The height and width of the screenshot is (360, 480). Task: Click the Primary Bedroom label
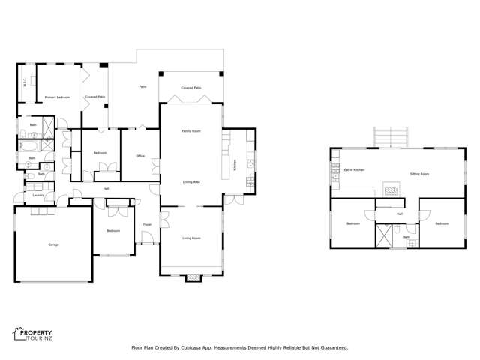coord(57,97)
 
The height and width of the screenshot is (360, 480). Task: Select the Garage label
coord(53,244)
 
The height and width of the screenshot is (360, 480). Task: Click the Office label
coord(139,156)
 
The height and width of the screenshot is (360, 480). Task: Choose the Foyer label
coord(147,224)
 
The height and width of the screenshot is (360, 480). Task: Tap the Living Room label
coord(191,238)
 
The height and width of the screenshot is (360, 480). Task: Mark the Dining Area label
coord(191,181)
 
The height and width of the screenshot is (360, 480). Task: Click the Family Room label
coord(191,131)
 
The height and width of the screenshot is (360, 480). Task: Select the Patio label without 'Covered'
coord(142,87)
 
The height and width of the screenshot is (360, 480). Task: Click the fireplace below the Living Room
coord(193,277)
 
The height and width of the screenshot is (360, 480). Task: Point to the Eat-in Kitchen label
coord(354,170)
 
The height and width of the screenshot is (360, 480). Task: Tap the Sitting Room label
coord(419,174)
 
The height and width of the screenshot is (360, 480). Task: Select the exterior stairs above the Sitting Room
coord(390,137)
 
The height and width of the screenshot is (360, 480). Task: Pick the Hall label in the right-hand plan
coord(400,214)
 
